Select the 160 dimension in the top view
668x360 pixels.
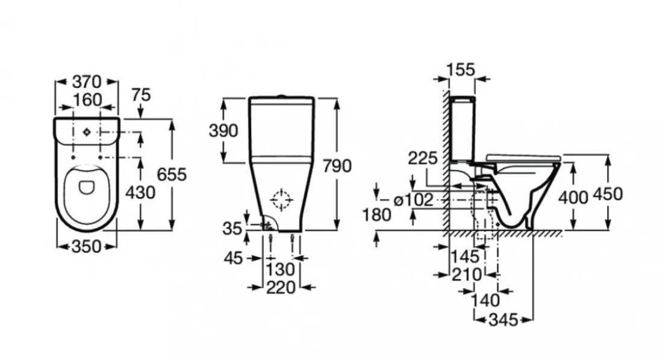tap(86, 99)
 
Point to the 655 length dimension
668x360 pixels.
tap(171, 175)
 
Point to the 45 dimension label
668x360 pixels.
tap(233, 258)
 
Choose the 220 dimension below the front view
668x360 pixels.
tap(281, 288)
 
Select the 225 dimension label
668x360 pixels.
tap(423, 158)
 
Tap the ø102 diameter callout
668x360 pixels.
tap(413, 199)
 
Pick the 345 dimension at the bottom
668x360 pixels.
tap(502, 320)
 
